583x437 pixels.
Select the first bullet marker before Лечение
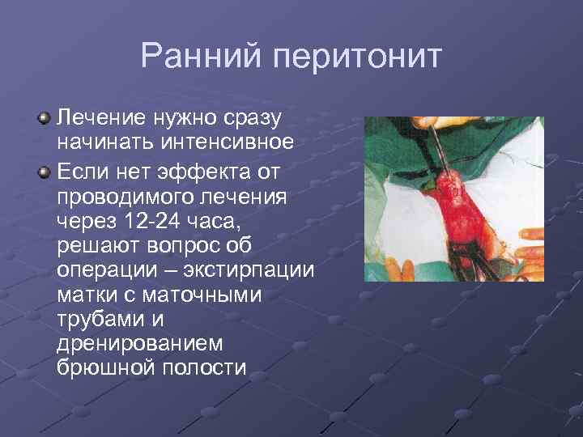[x=45, y=119]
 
